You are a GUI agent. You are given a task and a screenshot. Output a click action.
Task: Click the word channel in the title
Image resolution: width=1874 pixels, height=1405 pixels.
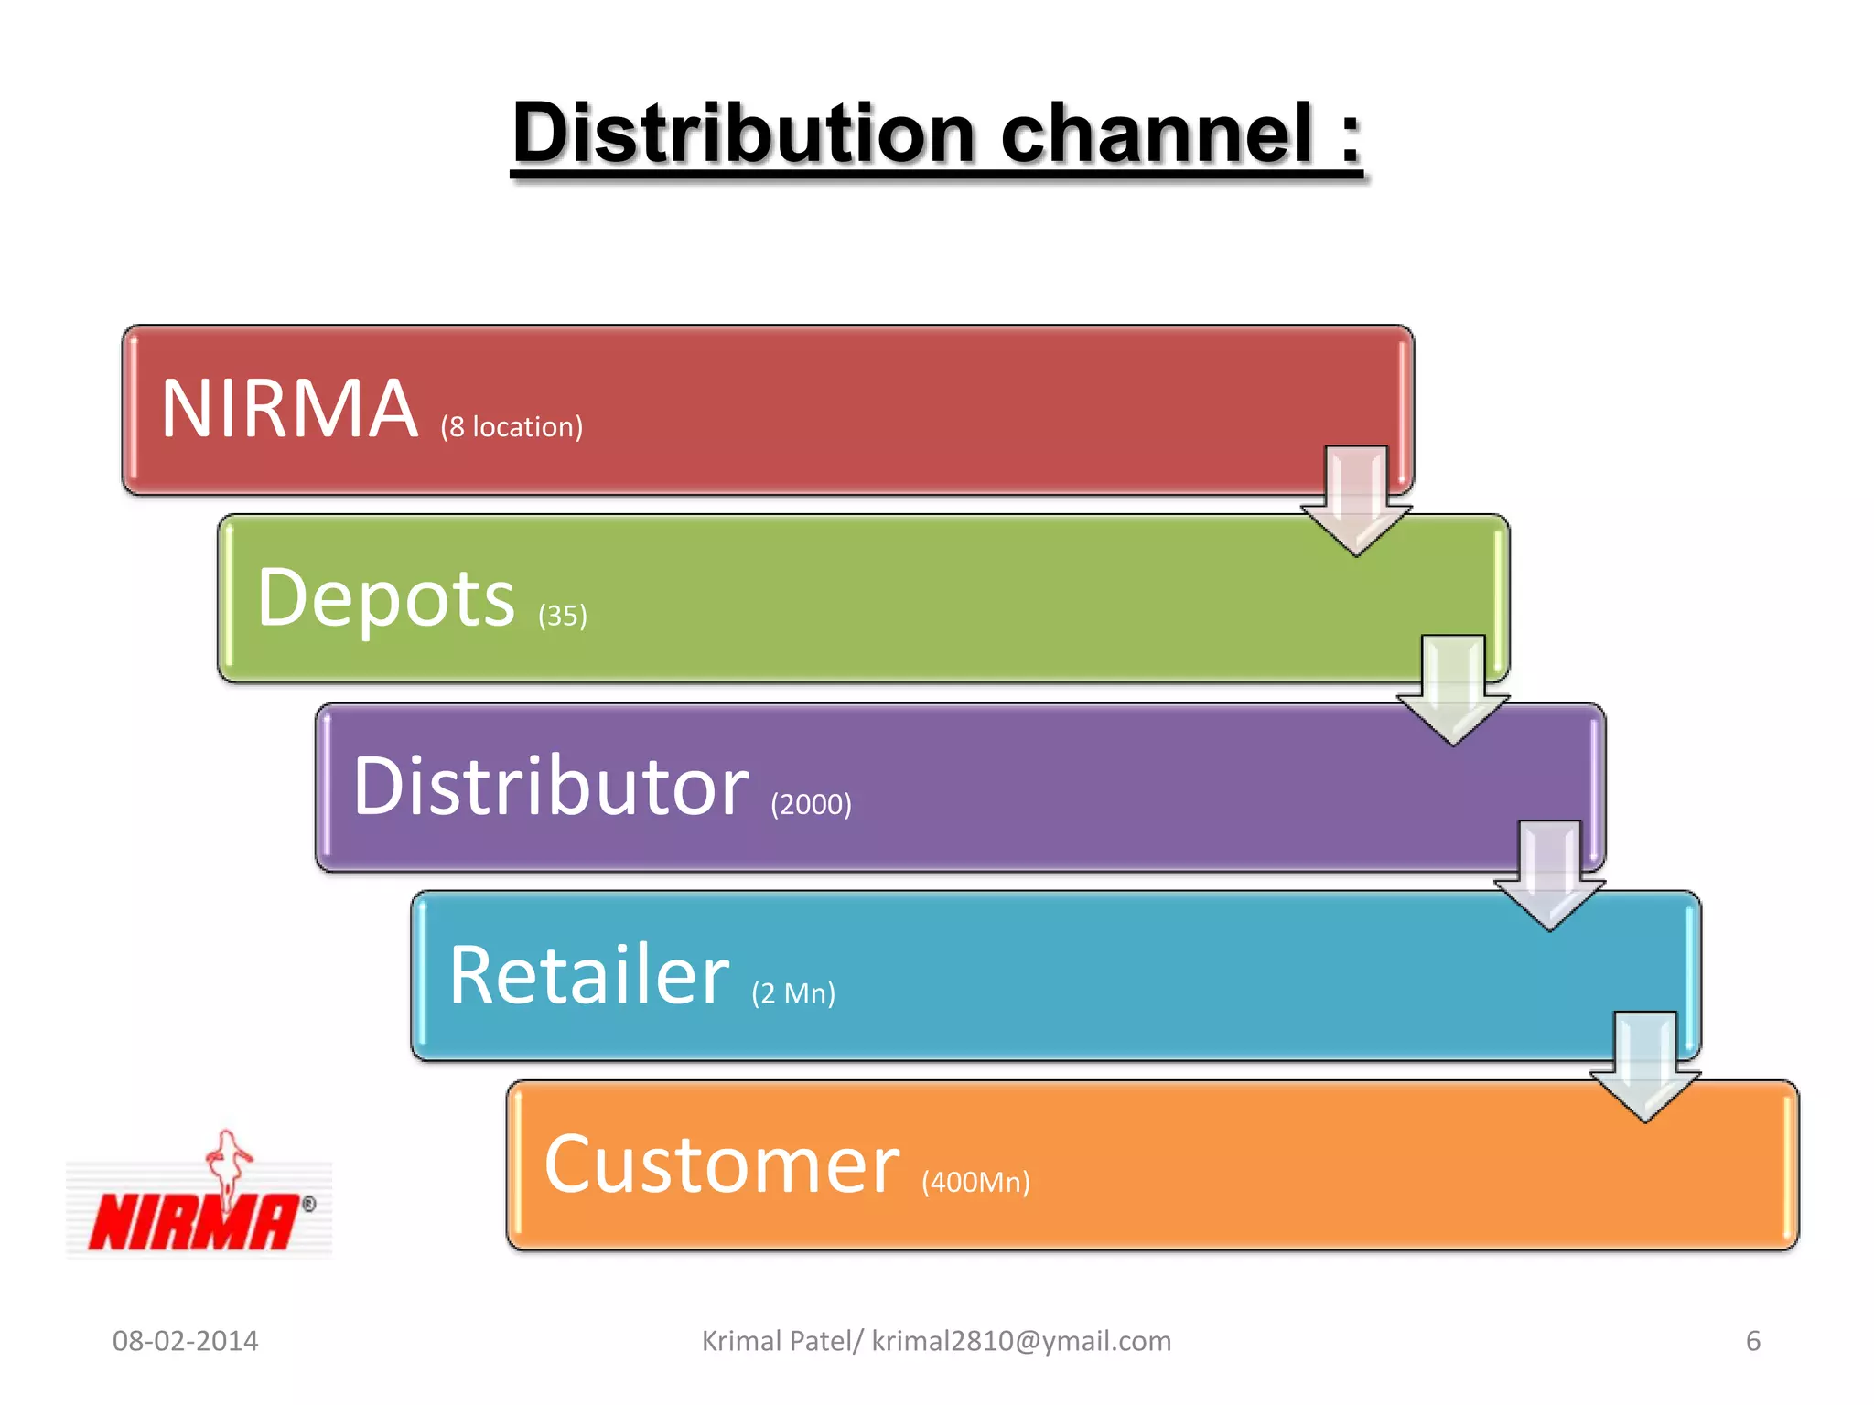[x=1158, y=134]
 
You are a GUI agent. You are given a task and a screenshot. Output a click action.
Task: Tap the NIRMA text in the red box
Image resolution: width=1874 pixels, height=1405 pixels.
[x=290, y=409]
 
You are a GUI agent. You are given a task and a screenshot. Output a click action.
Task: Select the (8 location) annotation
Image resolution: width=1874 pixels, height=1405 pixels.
[x=512, y=427]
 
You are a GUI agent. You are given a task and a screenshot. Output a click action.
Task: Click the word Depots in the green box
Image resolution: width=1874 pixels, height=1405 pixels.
[x=386, y=598]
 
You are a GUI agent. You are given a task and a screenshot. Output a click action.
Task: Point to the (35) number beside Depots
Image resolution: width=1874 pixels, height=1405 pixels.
[x=562, y=616]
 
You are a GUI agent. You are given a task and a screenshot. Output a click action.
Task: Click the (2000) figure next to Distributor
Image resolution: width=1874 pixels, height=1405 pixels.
[x=811, y=804]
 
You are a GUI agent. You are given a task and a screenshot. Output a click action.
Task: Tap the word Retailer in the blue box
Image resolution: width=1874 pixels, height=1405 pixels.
[x=589, y=975]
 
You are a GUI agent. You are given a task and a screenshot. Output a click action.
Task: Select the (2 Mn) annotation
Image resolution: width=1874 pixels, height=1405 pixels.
[x=793, y=993]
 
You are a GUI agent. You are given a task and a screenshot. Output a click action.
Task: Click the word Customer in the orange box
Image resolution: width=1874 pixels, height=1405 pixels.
[x=722, y=1164]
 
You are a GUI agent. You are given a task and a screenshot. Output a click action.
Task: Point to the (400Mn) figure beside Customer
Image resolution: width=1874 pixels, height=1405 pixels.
[x=975, y=1182]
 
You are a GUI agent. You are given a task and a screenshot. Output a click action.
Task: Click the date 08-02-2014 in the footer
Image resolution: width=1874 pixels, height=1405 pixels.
[x=186, y=1341]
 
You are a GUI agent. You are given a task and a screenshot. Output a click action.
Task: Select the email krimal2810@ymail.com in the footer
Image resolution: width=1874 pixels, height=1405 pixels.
[x=1021, y=1341]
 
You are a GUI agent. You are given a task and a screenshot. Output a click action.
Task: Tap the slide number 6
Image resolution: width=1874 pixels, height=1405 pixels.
[x=1752, y=1341]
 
